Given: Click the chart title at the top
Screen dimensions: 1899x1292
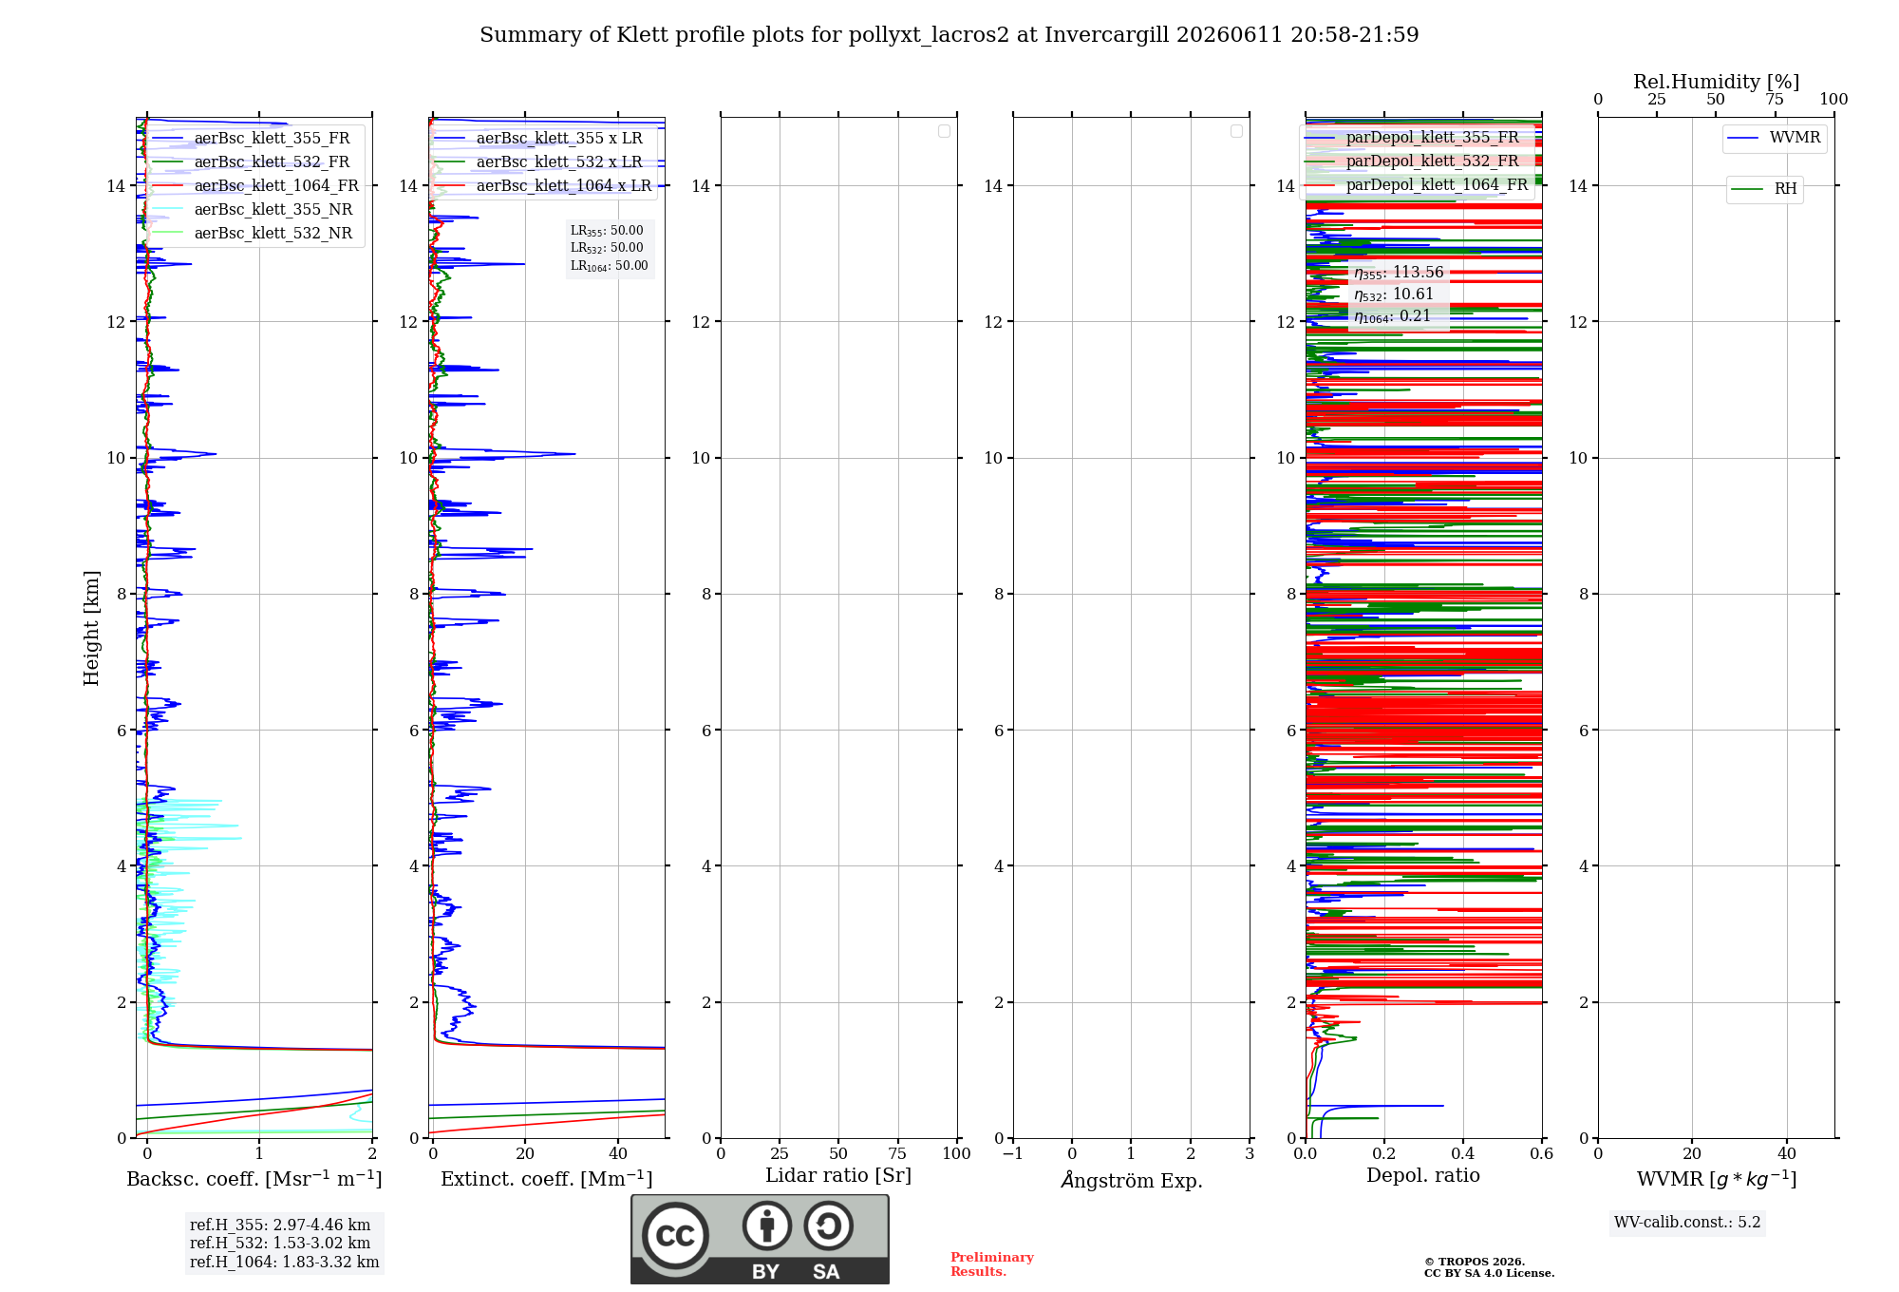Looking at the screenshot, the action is point(949,35).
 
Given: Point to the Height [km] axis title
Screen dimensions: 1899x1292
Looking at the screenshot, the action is point(91,628).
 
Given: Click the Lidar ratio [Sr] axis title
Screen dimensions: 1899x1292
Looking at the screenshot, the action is point(838,1176).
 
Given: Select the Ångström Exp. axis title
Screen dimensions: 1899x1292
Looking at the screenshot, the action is point(1132,1180).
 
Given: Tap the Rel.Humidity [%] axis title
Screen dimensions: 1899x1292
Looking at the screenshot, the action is point(1717,82).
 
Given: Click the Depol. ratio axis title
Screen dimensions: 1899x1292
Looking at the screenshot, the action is point(1423,1175).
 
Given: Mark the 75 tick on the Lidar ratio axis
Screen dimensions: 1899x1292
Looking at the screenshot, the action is point(897,1153).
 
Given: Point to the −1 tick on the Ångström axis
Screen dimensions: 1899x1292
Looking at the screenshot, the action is point(1012,1153).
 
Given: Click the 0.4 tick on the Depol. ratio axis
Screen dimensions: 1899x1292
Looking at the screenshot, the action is point(1463,1153).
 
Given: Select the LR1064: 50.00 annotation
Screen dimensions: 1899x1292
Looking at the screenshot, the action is point(609,266).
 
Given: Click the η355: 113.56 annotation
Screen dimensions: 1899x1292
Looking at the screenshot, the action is point(1399,273).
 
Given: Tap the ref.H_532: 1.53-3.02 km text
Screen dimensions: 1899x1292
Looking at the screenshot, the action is point(280,1243).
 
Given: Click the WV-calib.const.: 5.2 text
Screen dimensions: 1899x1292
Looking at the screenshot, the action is point(1687,1223).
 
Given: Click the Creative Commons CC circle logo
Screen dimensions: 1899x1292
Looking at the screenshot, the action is point(675,1236).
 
